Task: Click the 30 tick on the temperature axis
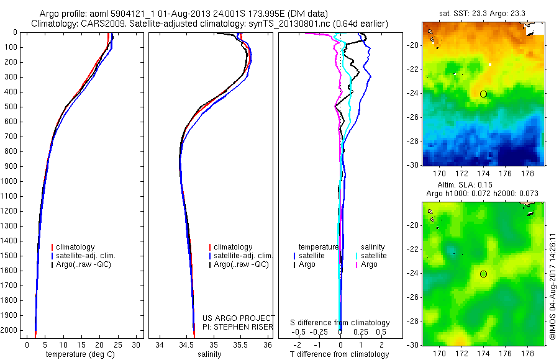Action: [x=137, y=344]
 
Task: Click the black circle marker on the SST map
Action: [x=483, y=94]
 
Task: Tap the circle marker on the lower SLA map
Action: [x=483, y=274]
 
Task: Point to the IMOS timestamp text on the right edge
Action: [x=553, y=286]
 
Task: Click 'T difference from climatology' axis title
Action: [x=340, y=354]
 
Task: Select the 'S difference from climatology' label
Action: [x=340, y=323]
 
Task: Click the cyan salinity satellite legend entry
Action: [x=372, y=256]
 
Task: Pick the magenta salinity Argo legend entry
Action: [x=368, y=265]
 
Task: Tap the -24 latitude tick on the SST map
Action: [x=413, y=94]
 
